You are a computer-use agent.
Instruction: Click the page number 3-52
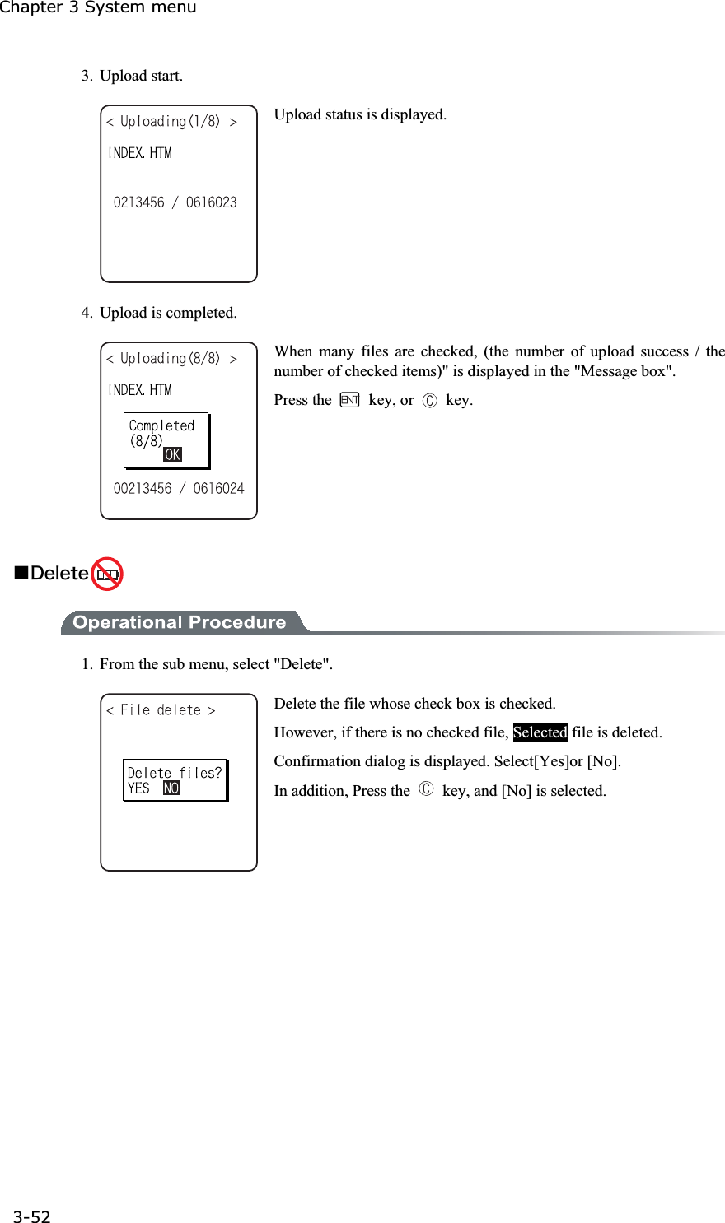click(31, 1216)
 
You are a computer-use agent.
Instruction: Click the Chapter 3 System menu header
click(98, 8)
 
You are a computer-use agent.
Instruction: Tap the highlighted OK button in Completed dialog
click(172, 455)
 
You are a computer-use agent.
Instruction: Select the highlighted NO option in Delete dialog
click(171, 788)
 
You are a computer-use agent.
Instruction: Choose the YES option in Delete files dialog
click(138, 788)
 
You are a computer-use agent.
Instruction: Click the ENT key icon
click(349, 400)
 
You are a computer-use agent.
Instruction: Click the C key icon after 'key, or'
click(429, 401)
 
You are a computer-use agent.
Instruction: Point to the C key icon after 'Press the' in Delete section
click(425, 789)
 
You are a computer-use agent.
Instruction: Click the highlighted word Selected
click(540, 732)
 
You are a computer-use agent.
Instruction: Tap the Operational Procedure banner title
click(179, 622)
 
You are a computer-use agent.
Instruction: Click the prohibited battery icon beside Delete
click(106, 574)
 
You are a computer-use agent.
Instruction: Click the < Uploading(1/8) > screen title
click(171, 122)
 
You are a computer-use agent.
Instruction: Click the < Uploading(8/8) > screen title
click(171, 359)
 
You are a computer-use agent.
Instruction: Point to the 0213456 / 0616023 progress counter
click(175, 202)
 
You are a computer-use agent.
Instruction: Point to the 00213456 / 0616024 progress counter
click(179, 489)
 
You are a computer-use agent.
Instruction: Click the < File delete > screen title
click(161, 710)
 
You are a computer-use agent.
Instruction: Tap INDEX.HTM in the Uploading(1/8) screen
click(140, 153)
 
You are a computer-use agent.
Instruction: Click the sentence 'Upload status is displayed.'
click(360, 114)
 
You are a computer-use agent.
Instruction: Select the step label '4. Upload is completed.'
click(159, 313)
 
